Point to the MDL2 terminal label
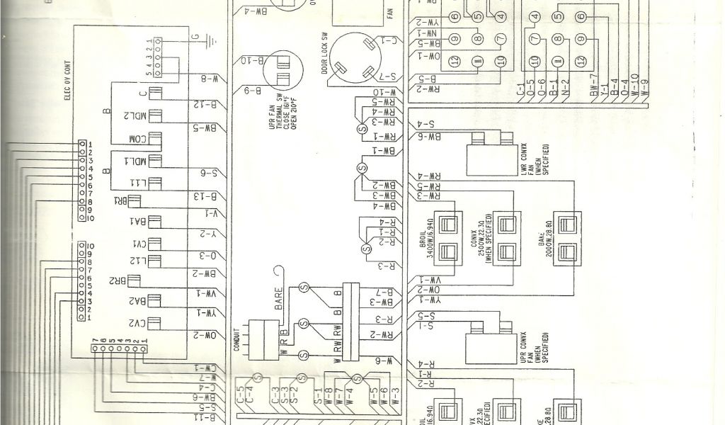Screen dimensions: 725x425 pos(135,116)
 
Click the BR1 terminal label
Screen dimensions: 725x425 pos(120,201)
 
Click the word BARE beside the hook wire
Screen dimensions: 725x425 pos(278,297)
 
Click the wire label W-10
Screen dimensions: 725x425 pos(382,92)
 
